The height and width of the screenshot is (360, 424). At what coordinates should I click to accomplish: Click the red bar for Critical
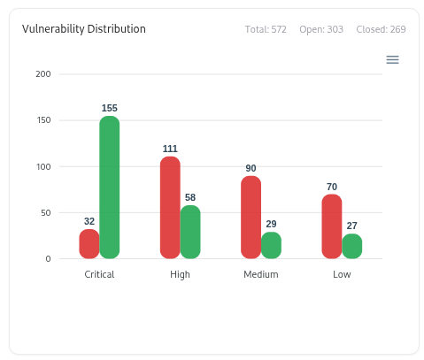[x=89, y=244]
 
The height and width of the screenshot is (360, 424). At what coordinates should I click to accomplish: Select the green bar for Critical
[x=110, y=188]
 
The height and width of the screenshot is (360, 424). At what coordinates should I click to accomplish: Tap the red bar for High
[x=170, y=208]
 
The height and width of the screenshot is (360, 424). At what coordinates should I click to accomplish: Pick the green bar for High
[x=190, y=232]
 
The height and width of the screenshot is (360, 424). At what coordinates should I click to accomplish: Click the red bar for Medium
[x=251, y=218]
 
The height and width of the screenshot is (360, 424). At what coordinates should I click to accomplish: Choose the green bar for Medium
[x=271, y=245]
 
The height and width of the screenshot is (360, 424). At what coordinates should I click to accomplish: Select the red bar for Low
[x=332, y=226]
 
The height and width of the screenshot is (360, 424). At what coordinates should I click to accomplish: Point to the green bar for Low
[x=352, y=246]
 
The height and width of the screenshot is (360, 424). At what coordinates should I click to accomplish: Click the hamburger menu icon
[x=393, y=59]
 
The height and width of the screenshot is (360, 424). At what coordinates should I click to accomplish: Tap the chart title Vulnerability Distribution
[x=84, y=29]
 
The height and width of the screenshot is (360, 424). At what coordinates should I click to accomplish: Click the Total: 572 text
[x=266, y=30]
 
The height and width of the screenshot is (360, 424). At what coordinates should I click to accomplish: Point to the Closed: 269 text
[x=381, y=30]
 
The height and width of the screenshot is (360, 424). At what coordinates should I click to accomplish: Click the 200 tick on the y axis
[x=43, y=74]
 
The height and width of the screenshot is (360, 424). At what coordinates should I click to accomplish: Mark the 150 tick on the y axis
[x=43, y=120]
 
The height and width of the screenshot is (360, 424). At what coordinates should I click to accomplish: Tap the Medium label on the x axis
[x=261, y=274]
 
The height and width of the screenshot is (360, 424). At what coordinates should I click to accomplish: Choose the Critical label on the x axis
[x=99, y=274]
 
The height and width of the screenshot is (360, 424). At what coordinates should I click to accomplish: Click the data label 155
[x=110, y=108]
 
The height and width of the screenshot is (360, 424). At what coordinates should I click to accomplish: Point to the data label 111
[x=170, y=149]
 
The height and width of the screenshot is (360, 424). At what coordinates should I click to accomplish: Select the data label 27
[x=352, y=226]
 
